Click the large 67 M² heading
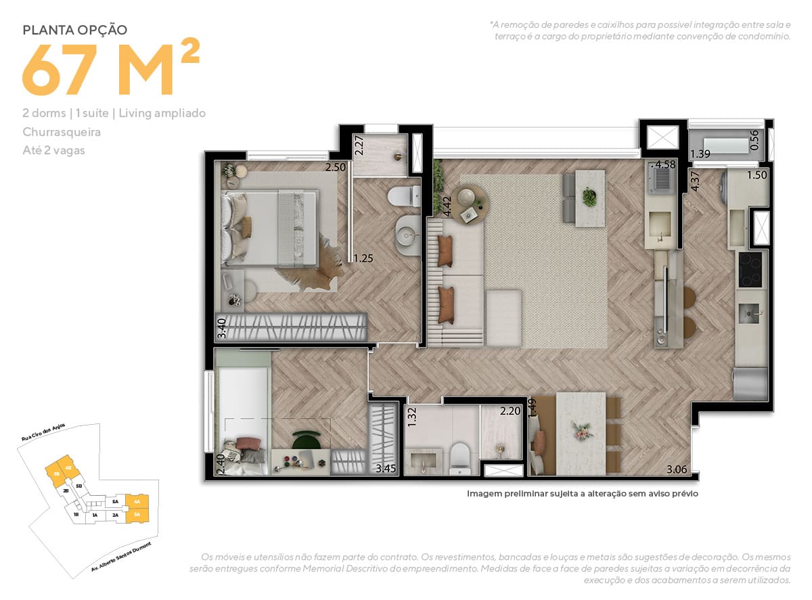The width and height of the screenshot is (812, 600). (112, 70)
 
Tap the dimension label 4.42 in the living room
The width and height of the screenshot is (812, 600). (447, 206)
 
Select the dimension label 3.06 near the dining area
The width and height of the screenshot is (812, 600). (677, 469)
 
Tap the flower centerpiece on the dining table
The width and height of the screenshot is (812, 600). (581, 429)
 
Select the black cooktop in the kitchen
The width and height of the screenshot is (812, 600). (751, 269)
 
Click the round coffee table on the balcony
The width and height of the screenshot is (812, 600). (470, 205)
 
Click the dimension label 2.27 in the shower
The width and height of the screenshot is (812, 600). (360, 146)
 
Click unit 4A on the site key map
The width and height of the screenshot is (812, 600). (137, 502)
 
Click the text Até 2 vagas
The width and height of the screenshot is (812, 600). (53, 150)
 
